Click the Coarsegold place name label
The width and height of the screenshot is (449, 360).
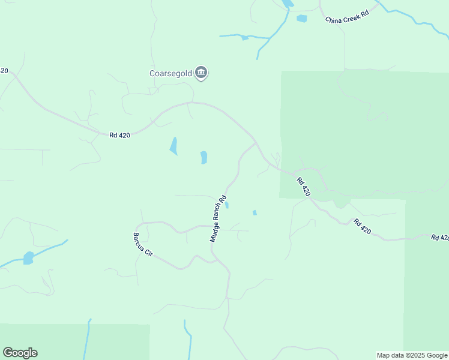point(170,74)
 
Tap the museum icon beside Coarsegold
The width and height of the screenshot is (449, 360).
point(202,73)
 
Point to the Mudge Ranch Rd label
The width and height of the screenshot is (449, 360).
point(218,218)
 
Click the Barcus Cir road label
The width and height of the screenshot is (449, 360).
point(143,244)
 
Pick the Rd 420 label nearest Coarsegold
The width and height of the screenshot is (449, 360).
point(119,136)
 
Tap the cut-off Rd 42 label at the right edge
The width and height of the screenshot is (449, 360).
point(440,238)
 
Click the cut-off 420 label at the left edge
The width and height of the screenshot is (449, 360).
point(4,71)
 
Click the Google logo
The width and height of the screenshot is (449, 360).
point(20,353)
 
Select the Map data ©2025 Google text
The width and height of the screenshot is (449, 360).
point(412,355)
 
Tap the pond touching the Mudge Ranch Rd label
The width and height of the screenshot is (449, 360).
point(227,205)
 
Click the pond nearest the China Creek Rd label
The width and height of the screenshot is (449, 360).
point(301,19)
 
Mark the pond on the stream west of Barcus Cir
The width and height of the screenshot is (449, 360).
point(28,258)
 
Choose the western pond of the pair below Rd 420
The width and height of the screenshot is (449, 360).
point(173,146)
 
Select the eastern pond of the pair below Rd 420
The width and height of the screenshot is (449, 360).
point(203,157)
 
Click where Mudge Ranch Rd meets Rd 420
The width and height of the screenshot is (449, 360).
point(256,143)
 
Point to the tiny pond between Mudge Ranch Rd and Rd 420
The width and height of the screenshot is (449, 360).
point(255,212)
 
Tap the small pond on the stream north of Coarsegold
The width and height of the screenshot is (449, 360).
point(244,38)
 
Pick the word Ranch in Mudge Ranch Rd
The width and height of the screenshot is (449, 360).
point(217,219)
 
